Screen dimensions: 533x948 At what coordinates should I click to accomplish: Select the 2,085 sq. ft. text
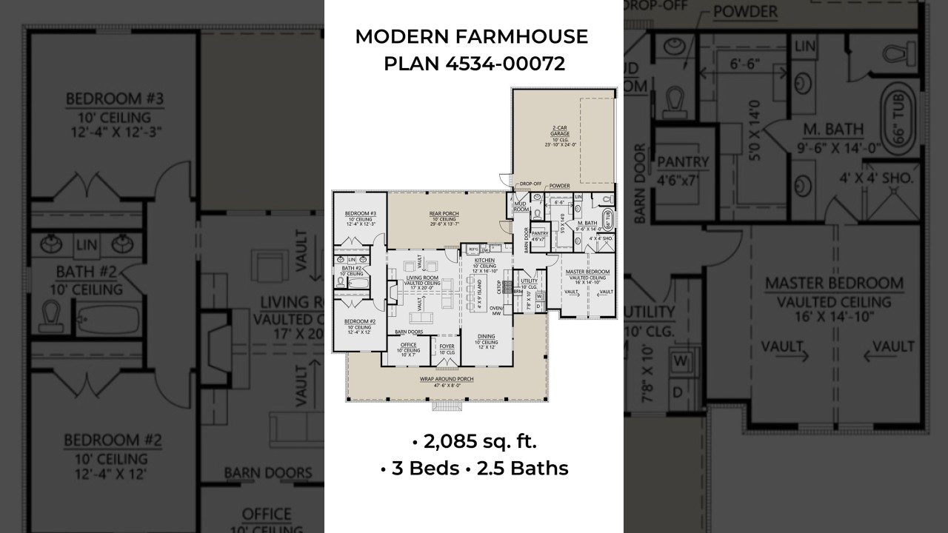pos(474,442)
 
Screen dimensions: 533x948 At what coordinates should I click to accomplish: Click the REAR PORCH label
pos(444,215)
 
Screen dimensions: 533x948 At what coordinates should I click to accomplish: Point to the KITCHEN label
pos(485,261)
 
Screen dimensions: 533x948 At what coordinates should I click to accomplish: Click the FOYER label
pos(447,346)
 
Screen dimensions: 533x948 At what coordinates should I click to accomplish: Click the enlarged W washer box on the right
pos(682,362)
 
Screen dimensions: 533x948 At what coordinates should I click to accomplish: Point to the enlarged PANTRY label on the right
pos(683,162)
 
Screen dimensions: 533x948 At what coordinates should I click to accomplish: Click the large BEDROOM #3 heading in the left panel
pos(114,99)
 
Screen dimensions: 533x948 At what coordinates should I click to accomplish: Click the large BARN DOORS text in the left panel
pos(268,472)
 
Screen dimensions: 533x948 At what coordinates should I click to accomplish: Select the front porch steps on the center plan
pos(447,406)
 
